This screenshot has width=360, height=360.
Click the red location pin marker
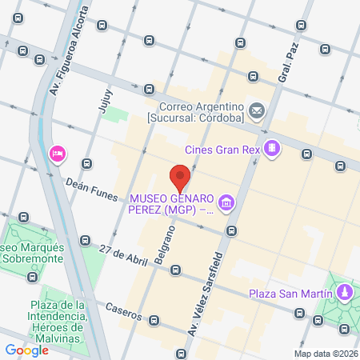pyautogui.click(x=181, y=175)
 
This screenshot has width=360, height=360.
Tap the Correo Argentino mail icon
pyautogui.click(x=257, y=110)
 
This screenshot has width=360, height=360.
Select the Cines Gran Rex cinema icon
pyautogui.click(x=273, y=148)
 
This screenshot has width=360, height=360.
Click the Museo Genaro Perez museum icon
pyautogui.click(x=228, y=204)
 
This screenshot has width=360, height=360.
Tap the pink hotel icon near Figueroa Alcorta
pyautogui.click(x=57, y=153)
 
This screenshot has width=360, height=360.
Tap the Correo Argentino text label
pyautogui.click(x=201, y=113)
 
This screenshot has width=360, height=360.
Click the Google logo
pyautogui.click(x=26, y=350)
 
